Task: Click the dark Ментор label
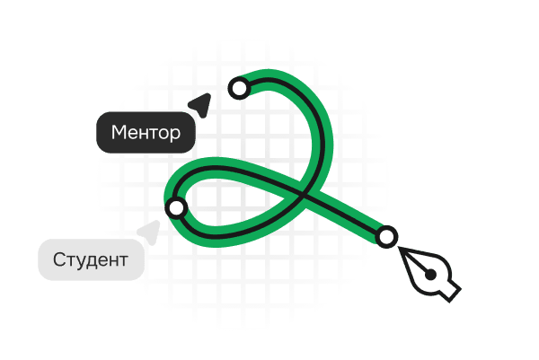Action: (146, 132)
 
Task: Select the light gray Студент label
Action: (91, 259)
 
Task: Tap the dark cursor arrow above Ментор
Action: (201, 104)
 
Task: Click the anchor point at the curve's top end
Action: (240, 88)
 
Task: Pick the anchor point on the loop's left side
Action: (177, 207)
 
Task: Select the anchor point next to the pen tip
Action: (386, 237)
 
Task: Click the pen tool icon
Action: (429, 274)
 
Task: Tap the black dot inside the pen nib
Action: (430, 275)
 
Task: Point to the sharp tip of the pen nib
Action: (399, 247)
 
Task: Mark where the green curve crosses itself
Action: (301, 196)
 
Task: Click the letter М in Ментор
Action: (118, 132)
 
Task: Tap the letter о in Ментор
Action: (163, 134)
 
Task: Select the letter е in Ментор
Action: (132, 134)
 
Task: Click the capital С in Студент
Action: (59, 259)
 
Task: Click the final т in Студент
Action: (123, 261)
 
